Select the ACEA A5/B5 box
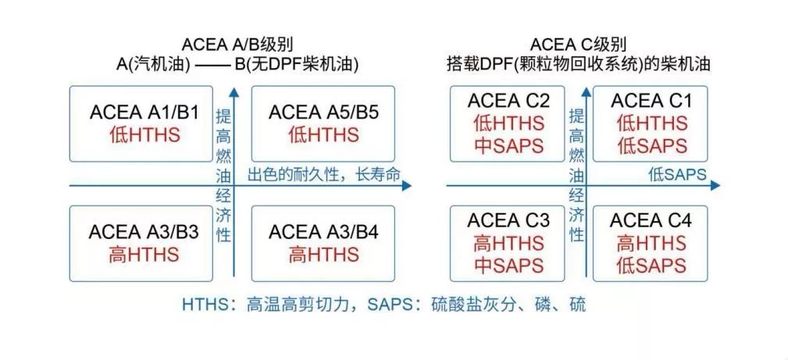pyautogui.click(x=323, y=123)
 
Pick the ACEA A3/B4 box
pyautogui.click(x=323, y=243)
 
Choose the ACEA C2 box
pyautogui.click(x=508, y=123)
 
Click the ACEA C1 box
pyautogui.click(x=651, y=123)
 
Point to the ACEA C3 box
pyautogui.click(x=508, y=243)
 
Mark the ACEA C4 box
pyautogui.click(x=651, y=243)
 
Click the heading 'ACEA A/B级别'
pyautogui.click(x=242, y=44)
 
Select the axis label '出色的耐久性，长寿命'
pyautogui.click(x=324, y=176)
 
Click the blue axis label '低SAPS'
pyautogui.click(x=676, y=176)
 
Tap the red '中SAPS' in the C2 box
pyautogui.click(x=508, y=145)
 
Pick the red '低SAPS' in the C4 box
pyautogui.click(x=651, y=266)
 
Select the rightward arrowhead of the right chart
pyautogui.click(x=716, y=186)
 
